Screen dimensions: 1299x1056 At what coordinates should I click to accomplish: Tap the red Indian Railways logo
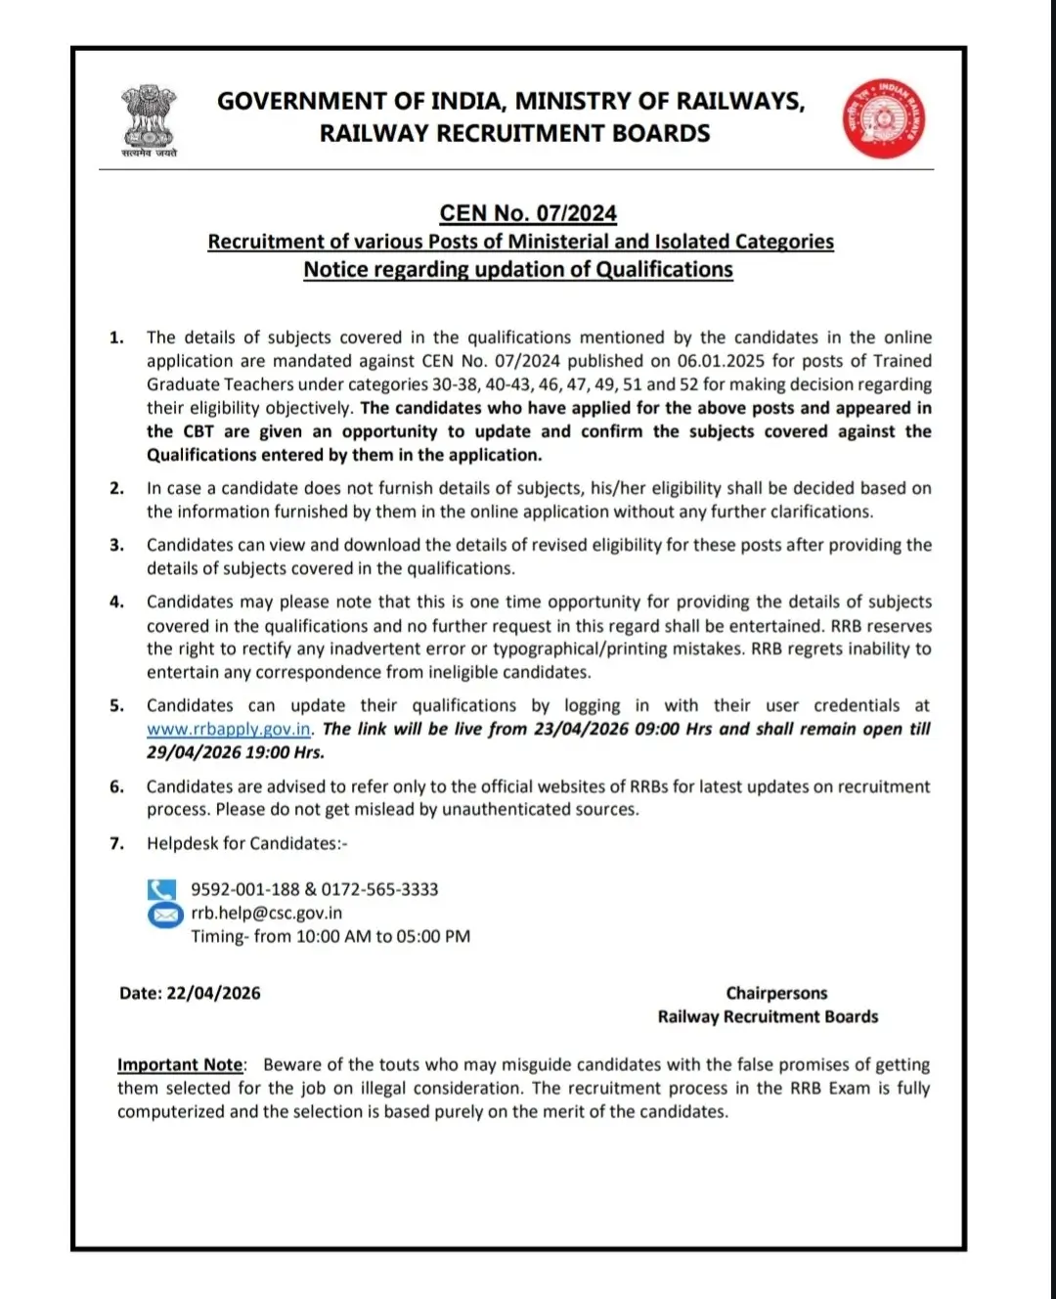(x=884, y=118)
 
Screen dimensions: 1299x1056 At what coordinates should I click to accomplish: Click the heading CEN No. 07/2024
(x=528, y=213)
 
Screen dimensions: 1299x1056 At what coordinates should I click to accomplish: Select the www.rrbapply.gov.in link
(x=229, y=730)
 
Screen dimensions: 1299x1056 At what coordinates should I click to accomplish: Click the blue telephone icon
(x=162, y=889)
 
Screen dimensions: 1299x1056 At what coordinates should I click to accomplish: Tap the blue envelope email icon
(x=164, y=914)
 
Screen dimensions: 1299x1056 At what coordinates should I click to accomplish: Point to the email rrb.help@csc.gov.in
(x=266, y=913)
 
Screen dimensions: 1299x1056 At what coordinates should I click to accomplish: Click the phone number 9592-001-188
(x=244, y=889)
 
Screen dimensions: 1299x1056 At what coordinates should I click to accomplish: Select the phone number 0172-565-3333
(x=379, y=889)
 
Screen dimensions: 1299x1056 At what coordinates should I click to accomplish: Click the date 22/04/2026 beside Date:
(x=213, y=993)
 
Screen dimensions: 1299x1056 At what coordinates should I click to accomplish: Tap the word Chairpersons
(x=776, y=993)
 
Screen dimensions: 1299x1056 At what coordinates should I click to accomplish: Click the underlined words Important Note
(x=180, y=1064)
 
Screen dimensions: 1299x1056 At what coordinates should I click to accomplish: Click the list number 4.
(x=116, y=603)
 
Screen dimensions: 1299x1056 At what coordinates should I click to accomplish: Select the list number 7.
(x=116, y=843)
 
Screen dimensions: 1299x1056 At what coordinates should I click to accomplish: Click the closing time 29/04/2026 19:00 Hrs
(x=235, y=752)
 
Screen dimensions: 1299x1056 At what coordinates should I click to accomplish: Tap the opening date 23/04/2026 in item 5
(x=581, y=729)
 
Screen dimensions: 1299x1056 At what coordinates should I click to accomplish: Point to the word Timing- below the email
(x=219, y=936)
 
